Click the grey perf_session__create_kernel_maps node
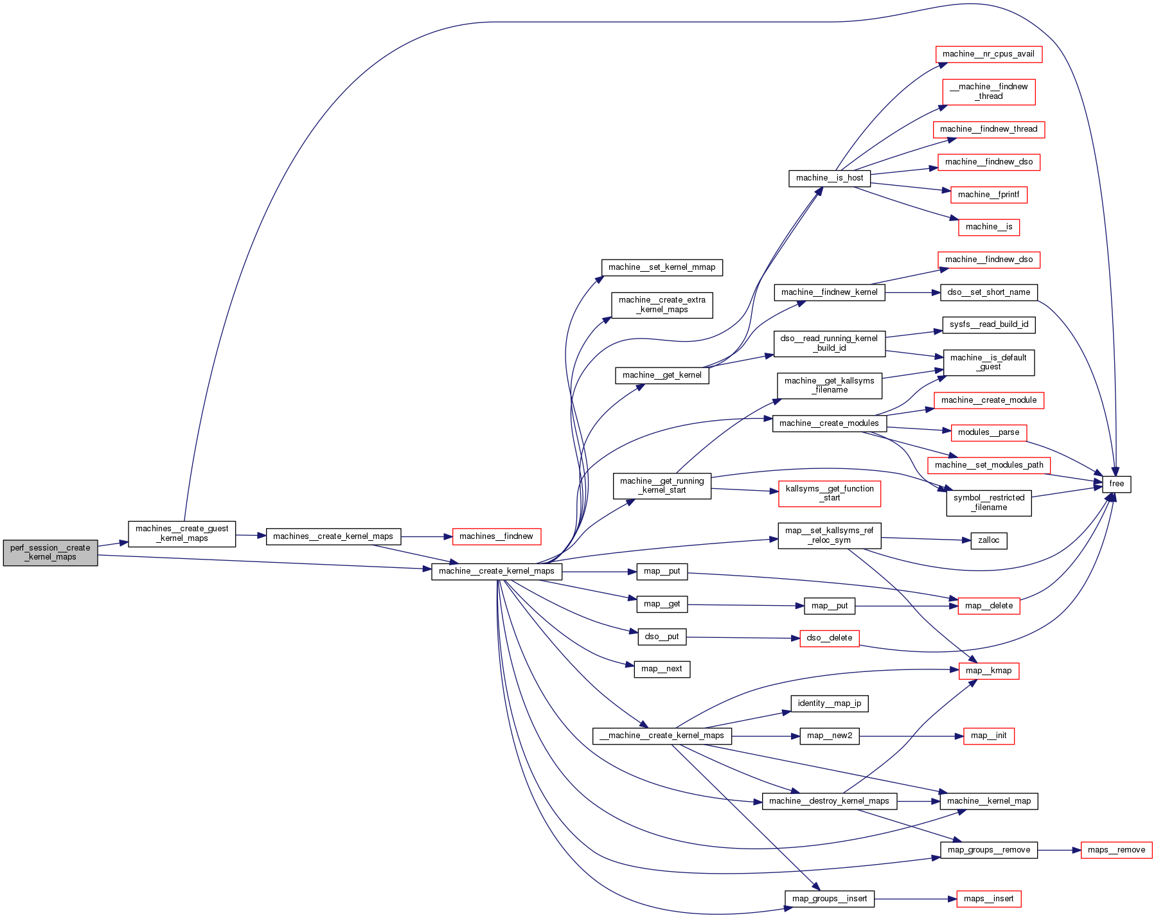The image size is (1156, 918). pyautogui.click(x=50, y=552)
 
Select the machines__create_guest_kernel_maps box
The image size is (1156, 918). pyautogui.click(x=182, y=534)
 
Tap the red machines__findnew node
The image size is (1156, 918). pyautogui.click(x=496, y=536)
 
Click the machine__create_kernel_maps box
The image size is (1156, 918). pyautogui.click(x=496, y=571)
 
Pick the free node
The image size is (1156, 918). pyautogui.click(x=1116, y=484)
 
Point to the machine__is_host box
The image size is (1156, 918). pyautogui.click(x=829, y=178)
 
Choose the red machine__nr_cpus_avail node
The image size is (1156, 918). pyautogui.click(x=988, y=54)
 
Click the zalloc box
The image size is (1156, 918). pyautogui.click(x=988, y=540)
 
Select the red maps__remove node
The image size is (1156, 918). pyautogui.click(x=1116, y=850)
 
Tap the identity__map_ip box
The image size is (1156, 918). pyautogui.click(x=829, y=703)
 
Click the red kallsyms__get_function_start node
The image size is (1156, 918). pyautogui.click(x=829, y=493)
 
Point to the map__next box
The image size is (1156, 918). pyautogui.click(x=661, y=669)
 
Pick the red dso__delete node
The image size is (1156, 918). pyautogui.click(x=829, y=638)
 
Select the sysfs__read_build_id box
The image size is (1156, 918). pyautogui.click(x=988, y=324)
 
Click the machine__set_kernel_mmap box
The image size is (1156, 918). pyautogui.click(x=661, y=267)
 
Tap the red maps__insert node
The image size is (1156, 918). pyautogui.click(x=988, y=899)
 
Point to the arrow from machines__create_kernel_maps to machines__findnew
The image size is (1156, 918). pyautogui.click(x=427, y=536)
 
